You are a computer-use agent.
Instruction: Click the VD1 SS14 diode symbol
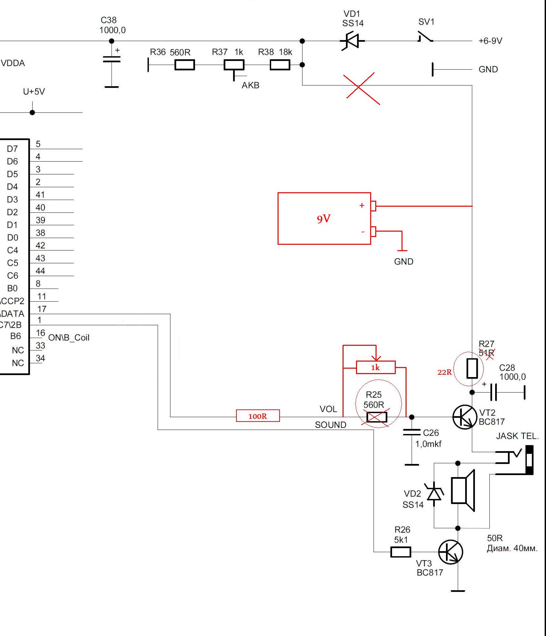click(352, 41)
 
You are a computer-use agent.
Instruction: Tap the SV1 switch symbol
click(425, 37)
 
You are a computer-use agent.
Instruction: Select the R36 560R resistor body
click(185, 65)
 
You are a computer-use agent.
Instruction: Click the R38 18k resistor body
click(280, 65)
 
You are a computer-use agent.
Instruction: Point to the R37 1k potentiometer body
click(234, 65)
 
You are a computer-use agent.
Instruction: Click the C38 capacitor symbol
click(111, 59)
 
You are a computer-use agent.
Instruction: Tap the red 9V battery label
click(324, 219)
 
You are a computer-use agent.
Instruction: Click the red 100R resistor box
click(258, 416)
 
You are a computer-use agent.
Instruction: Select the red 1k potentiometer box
click(376, 367)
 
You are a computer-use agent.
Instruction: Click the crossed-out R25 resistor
click(377, 417)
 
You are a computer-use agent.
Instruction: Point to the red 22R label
click(444, 372)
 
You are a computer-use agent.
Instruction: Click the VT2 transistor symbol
click(464, 417)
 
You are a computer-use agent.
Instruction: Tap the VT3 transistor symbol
click(451, 552)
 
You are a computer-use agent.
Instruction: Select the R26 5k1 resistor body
click(401, 552)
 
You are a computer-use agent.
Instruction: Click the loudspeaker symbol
click(462, 490)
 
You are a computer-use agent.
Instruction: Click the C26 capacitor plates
click(412, 432)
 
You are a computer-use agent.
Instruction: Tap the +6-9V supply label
click(490, 41)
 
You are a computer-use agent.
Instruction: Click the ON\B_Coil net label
click(69, 338)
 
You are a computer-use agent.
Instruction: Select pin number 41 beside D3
click(40, 195)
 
